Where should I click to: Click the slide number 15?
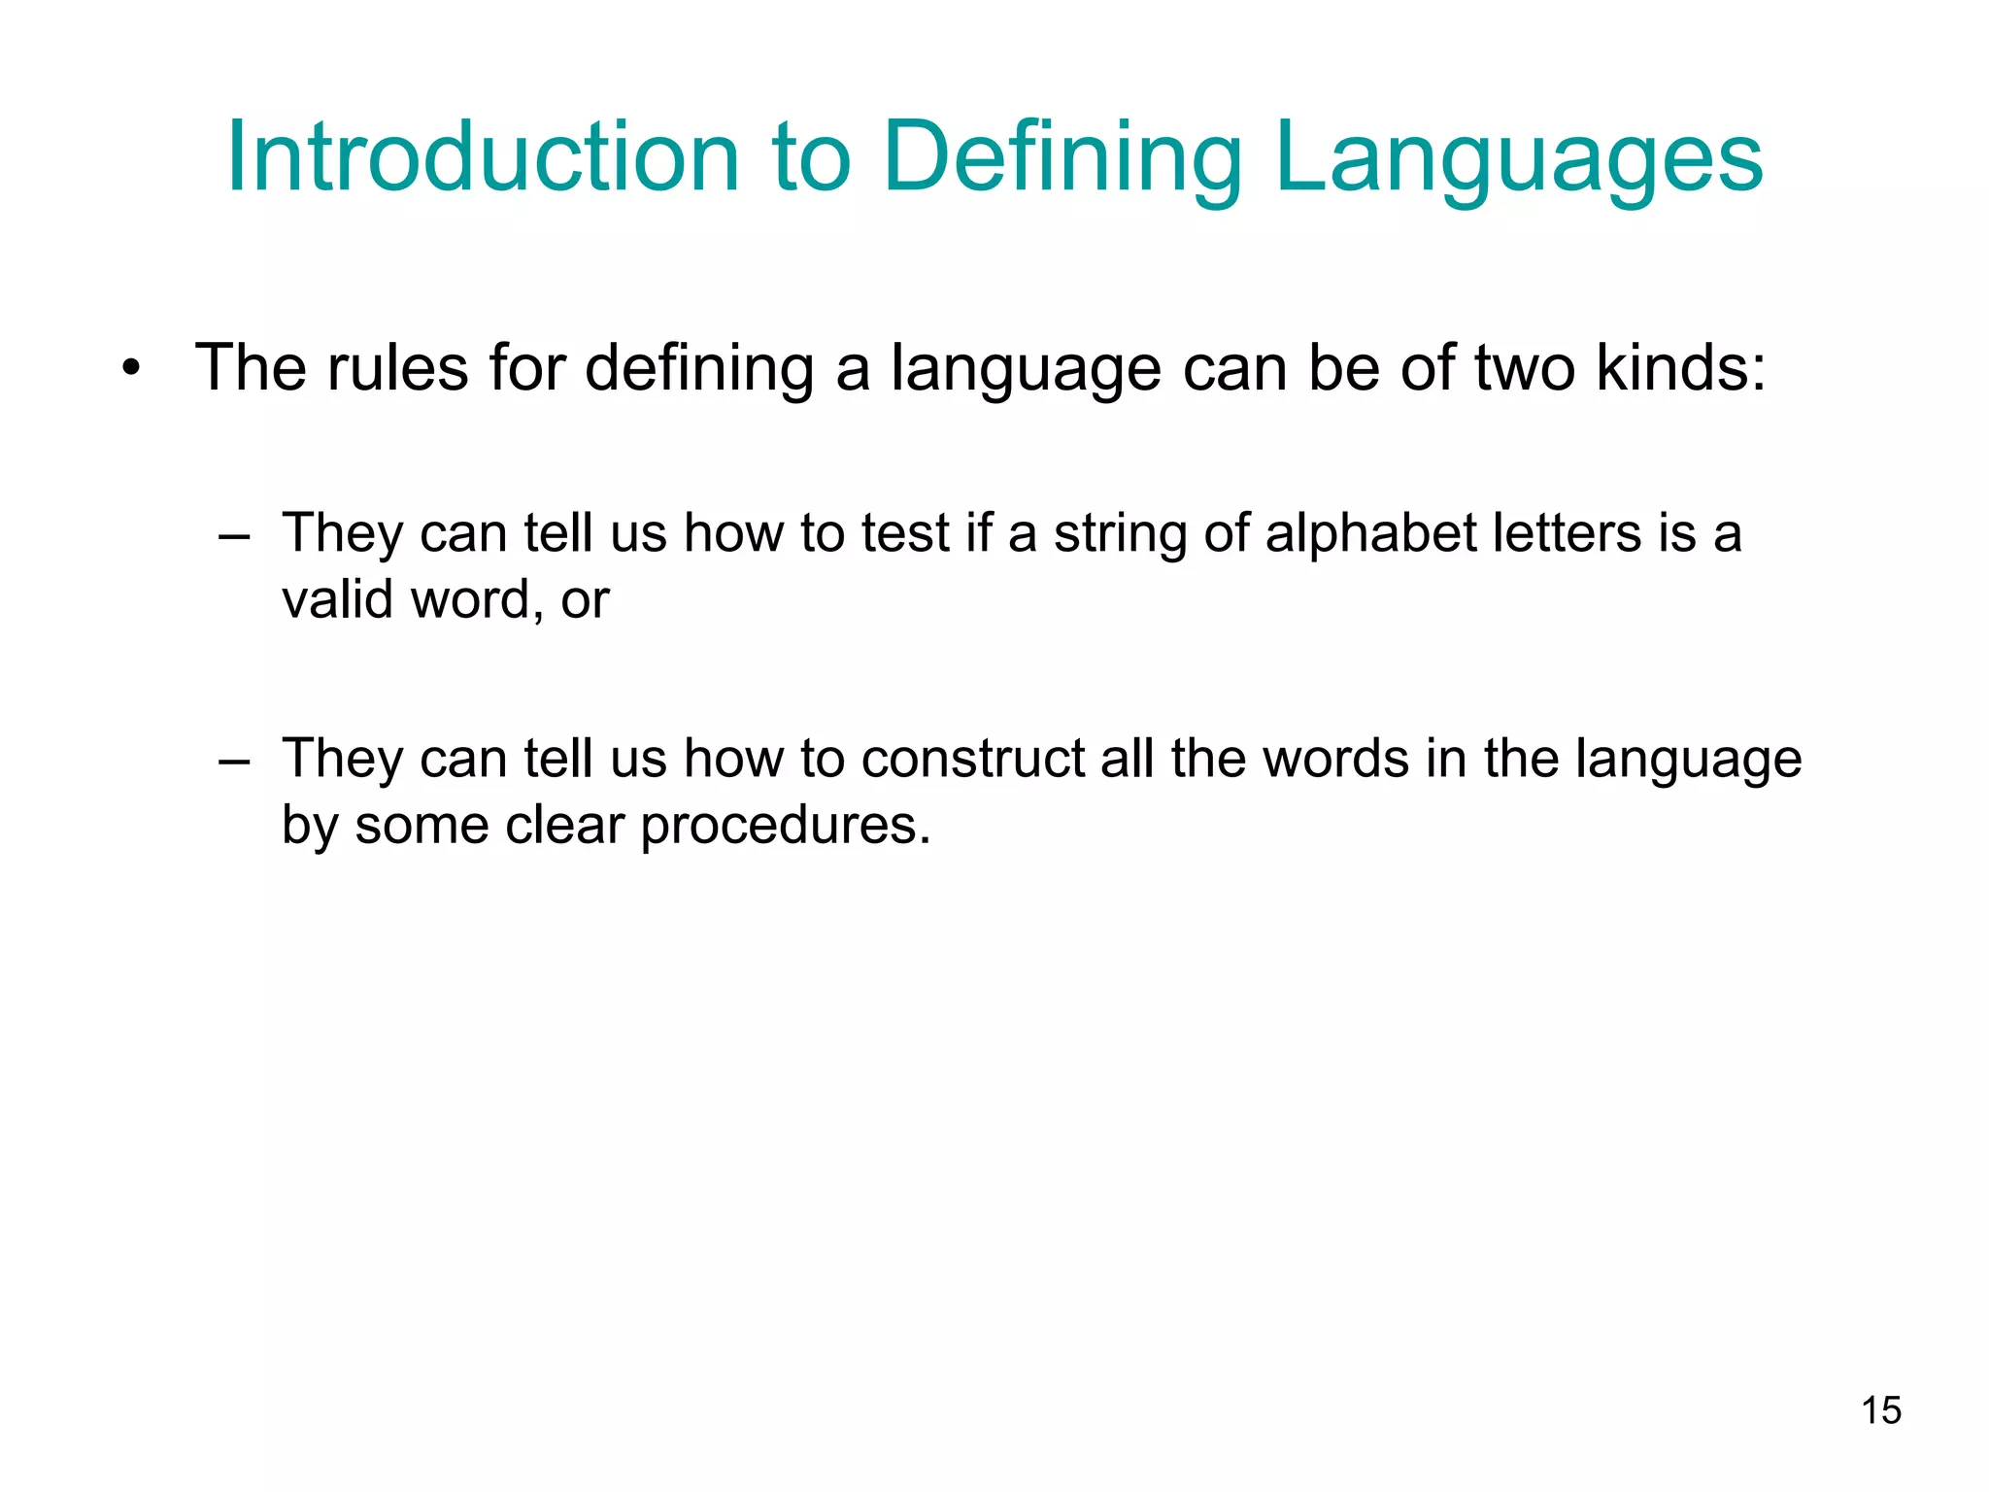coord(1881,1410)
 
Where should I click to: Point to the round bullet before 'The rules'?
coord(132,369)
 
